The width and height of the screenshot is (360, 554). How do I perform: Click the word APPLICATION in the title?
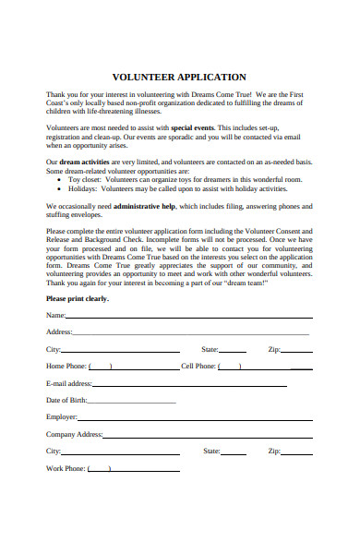(x=213, y=78)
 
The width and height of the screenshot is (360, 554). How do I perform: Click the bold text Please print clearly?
(x=78, y=298)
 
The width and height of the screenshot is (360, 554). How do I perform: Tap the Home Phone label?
(x=66, y=367)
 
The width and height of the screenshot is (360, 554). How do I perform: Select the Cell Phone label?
(x=198, y=367)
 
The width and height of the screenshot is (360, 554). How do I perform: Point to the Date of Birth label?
(x=66, y=401)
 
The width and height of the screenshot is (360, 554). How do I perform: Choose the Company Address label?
(x=74, y=435)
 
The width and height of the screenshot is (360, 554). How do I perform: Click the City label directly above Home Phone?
(x=53, y=350)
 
